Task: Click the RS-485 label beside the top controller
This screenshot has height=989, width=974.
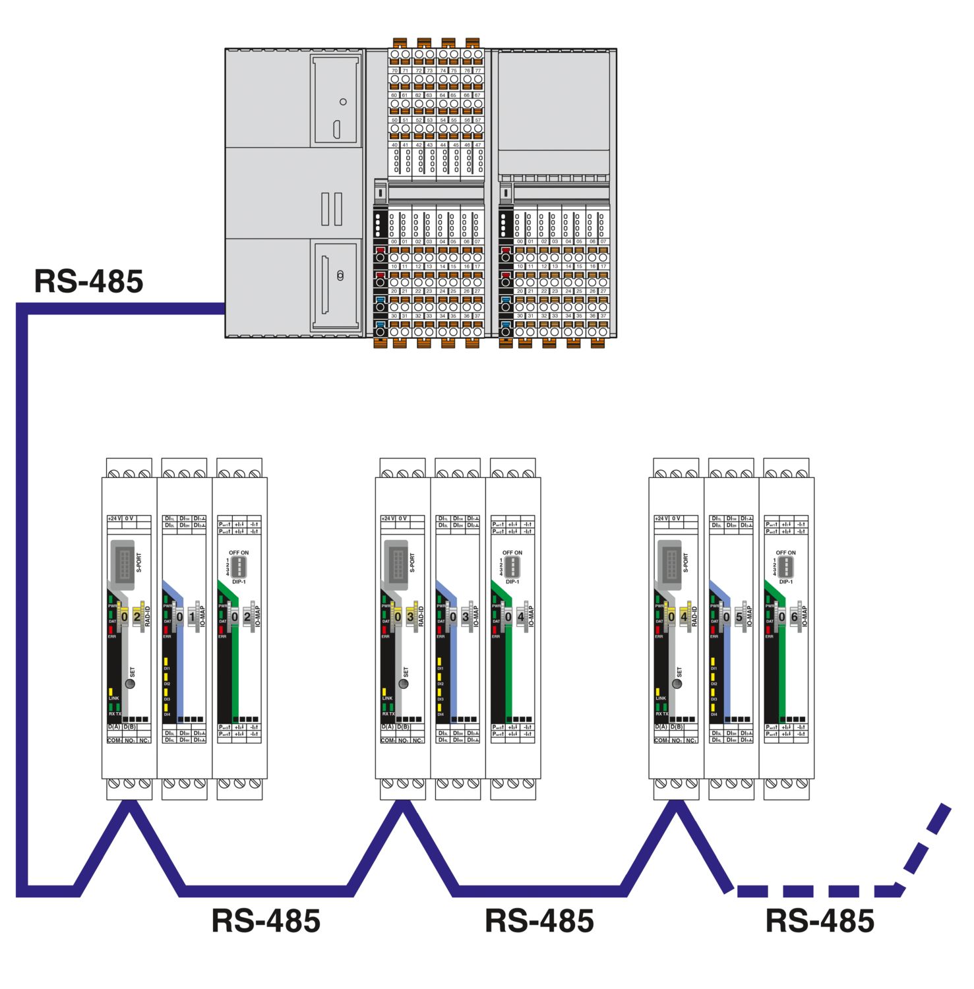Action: (x=88, y=282)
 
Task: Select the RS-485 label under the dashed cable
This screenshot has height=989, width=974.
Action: (x=820, y=921)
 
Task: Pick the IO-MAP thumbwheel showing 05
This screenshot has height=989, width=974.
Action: (x=733, y=617)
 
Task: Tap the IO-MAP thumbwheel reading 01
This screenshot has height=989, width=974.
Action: (x=186, y=617)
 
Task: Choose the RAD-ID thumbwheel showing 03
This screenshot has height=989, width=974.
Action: (x=404, y=617)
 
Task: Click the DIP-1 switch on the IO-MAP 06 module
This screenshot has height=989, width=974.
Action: (x=785, y=566)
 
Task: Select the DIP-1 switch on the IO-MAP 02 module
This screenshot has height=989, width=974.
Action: (x=239, y=566)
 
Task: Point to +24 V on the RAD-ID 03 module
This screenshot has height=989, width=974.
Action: (x=388, y=519)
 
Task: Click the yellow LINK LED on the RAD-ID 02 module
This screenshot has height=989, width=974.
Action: (x=111, y=691)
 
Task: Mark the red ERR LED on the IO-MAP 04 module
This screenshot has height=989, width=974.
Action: (x=495, y=630)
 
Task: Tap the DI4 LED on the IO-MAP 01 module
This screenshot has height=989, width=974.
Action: (x=166, y=707)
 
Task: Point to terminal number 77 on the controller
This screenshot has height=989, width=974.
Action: (x=478, y=71)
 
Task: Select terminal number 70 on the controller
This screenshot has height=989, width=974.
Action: (x=394, y=71)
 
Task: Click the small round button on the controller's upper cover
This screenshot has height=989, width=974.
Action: (x=343, y=102)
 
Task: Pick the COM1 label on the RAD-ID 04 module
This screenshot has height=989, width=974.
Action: (x=661, y=740)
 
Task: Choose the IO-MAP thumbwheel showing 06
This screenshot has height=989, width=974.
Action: (x=788, y=617)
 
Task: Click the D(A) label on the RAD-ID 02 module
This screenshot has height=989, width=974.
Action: (x=113, y=727)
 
